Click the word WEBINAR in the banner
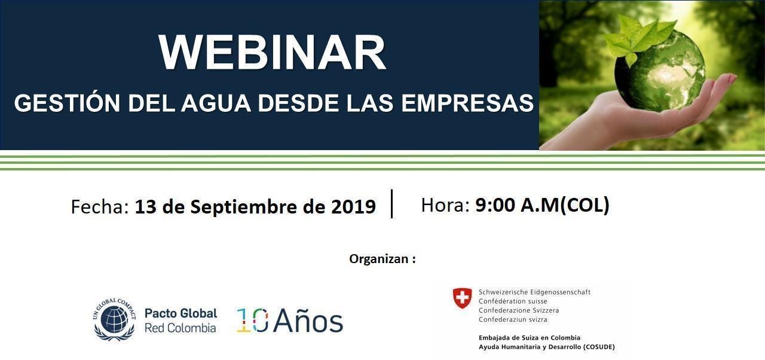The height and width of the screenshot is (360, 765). [272, 52]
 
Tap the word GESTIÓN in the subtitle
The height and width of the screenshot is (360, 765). [67, 102]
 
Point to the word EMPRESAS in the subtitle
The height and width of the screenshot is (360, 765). [467, 103]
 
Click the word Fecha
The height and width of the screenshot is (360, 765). [100, 207]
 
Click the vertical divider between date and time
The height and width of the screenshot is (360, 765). [391, 203]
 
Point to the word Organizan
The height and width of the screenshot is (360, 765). [379, 259]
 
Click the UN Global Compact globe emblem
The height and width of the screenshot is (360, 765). [114, 320]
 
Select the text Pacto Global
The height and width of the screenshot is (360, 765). [181, 313]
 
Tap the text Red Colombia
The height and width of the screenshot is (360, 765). [180, 328]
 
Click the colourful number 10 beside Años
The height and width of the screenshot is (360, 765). [252, 320]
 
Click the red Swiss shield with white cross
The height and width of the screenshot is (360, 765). [462, 298]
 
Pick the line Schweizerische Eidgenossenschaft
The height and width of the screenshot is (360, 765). [534, 292]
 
